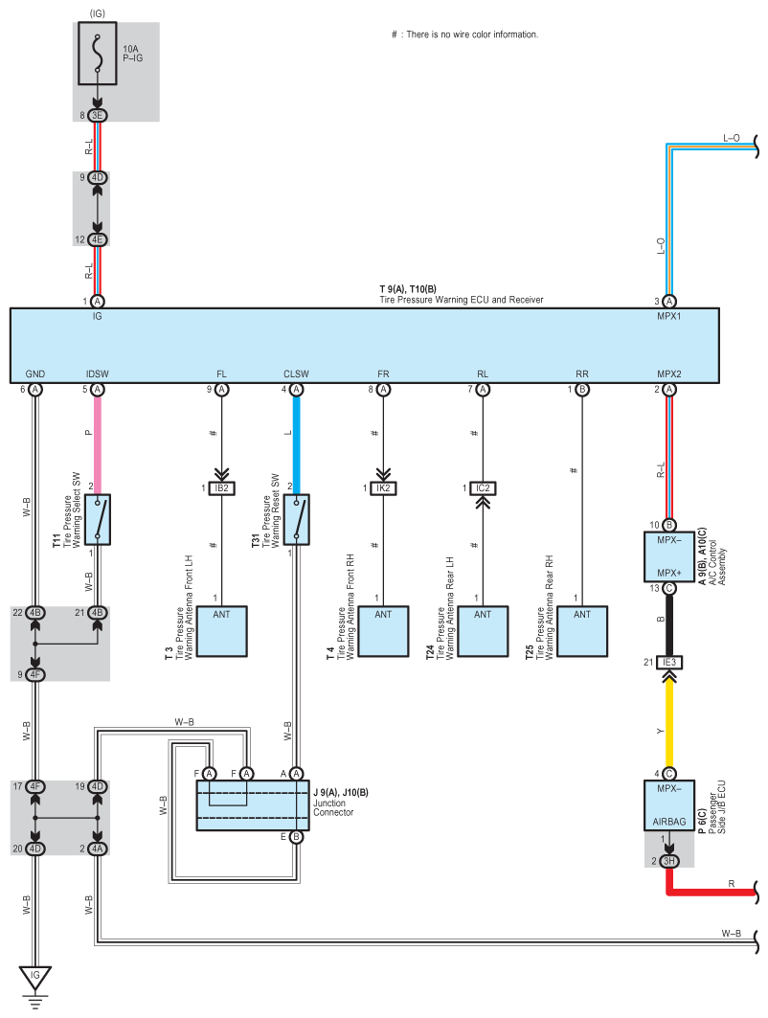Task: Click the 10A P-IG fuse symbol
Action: point(98,54)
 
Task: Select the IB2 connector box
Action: point(221,488)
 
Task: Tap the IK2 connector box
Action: point(383,488)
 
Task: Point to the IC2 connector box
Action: point(483,488)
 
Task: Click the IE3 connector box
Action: point(668,662)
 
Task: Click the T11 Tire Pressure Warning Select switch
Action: point(98,519)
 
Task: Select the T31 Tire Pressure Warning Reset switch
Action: point(296,519)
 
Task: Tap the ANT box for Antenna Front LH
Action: point(221,631)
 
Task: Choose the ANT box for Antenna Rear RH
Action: point(581,631)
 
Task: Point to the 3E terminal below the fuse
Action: point(98,116)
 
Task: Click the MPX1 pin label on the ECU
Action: point(668,316)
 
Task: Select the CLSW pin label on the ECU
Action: point(296,373)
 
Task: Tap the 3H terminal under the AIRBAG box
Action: point(668,861)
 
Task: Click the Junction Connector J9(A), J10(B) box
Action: point(253,805)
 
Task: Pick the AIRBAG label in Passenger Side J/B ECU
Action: point(668,822)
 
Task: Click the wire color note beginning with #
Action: point(464,34)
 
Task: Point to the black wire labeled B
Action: point(668,624)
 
